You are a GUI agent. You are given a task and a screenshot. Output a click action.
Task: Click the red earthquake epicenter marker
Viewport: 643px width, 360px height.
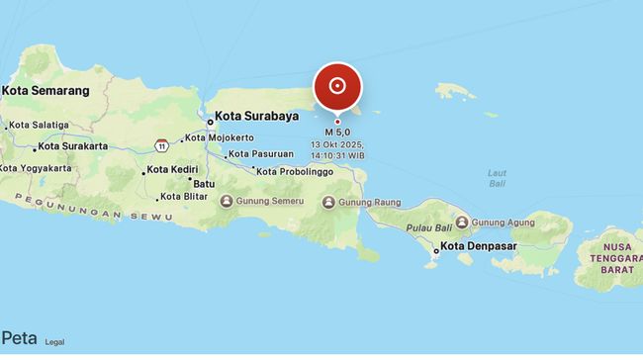337,86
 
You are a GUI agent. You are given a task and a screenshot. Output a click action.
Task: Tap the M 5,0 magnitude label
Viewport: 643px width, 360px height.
337,132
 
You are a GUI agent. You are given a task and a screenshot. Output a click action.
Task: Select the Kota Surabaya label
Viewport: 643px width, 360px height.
256,116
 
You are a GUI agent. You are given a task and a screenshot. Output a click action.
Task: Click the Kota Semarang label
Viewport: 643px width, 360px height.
46,90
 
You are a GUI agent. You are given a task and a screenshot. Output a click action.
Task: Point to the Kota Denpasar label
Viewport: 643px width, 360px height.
479,246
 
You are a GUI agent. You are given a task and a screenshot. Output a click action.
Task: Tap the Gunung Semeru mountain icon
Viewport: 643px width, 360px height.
227,203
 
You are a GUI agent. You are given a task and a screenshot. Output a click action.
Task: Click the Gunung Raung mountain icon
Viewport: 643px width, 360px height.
329,203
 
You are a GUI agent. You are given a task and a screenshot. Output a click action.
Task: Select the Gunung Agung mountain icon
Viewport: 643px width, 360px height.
462,223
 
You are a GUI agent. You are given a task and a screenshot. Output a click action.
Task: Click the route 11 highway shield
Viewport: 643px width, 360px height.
160,145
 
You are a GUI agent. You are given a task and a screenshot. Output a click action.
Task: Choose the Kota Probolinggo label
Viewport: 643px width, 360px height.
295,171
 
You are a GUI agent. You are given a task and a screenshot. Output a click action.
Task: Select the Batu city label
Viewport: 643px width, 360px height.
204,184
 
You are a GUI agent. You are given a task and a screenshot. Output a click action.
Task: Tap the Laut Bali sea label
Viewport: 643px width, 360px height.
498,178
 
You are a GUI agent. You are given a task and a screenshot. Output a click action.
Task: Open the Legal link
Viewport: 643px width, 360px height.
54,342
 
